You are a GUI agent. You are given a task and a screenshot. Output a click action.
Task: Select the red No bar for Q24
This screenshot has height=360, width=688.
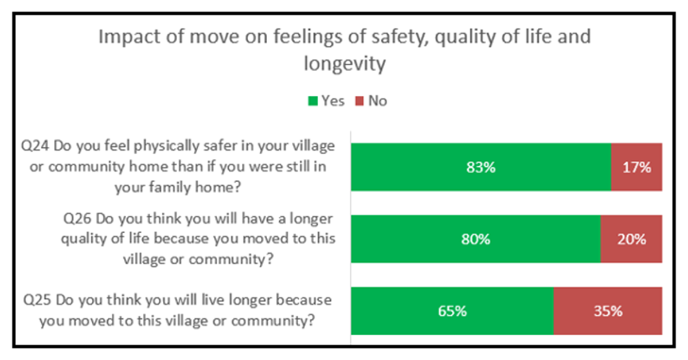636,167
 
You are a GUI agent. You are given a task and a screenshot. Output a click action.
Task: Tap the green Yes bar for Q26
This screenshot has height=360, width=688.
424,239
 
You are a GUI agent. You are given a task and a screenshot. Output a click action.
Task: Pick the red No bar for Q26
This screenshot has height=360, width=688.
631,239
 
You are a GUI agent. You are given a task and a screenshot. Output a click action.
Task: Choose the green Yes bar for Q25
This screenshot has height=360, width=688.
401,311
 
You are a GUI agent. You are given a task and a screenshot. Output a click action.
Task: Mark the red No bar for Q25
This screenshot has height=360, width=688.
608,311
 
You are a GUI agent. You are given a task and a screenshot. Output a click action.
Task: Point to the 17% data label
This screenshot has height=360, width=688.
637,167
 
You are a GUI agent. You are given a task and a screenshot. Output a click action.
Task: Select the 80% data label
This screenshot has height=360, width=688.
475,240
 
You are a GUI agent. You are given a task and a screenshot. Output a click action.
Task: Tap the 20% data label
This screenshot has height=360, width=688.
631,240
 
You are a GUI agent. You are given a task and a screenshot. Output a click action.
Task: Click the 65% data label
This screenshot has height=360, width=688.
452,312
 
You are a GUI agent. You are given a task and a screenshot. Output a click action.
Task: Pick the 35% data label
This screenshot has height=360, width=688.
608,312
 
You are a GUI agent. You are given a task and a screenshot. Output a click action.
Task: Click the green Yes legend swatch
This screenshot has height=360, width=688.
312,101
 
